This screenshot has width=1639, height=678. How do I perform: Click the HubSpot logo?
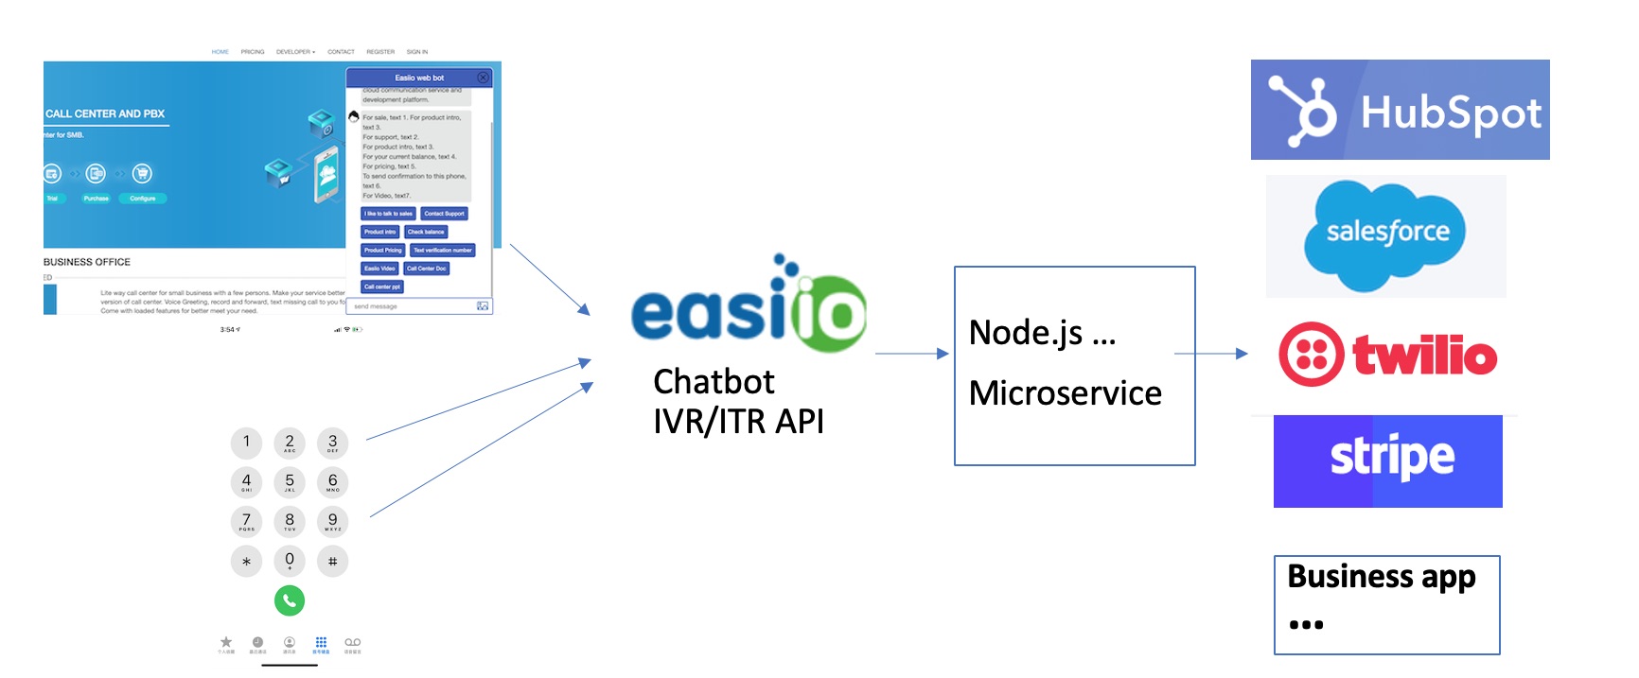pyautogui.click(x=1400, y=110)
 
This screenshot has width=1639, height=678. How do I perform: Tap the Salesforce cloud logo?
pyautogui.click(x=1385, y=235)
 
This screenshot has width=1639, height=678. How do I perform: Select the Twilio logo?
pyautogui.click(x=1387, y=355)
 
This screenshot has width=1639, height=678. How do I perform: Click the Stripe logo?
pyautogui.click(x=1388, y=461)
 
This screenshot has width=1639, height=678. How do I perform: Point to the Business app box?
pyautogui.click(x=1386, y=604)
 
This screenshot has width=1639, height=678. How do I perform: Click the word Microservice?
pyautogui.click(x=1065, y=393)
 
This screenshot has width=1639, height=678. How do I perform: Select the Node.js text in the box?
pyautogui.click(x=1026, y=333)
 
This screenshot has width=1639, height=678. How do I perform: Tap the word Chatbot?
pyautogui.click(x=714, y=382)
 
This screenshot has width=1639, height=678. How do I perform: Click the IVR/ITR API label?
pyautogui.click(x=738, y=422)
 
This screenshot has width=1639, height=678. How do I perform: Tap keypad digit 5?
pyautogui.click(x=290, y=481)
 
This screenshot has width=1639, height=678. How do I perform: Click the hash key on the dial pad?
pyautogui.click(x=332, y=561)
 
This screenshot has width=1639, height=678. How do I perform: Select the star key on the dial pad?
pyautogui.click(x=246, y=561)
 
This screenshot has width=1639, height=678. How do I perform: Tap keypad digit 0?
pyautogui.click(x=290, y=560)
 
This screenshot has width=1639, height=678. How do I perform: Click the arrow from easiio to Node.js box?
pyautogui.click(x=910, y=354)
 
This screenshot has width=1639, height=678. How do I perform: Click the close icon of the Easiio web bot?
pyautogui.click(x=483, y=78)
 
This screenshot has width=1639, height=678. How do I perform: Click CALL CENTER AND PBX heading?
pyautogui.click(x=105, y=113)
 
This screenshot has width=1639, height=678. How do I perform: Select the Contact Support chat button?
pyautogui.click(x=444, y=214)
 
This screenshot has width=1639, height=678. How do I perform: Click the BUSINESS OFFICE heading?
pyautogui.click(x=87, y=262)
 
